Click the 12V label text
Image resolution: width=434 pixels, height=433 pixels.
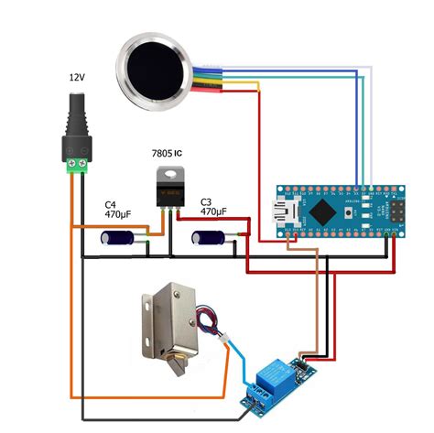pos(77,79)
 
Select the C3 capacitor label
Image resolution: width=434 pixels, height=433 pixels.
pos(205,200)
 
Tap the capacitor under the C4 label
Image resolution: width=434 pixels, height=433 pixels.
pos(121,238)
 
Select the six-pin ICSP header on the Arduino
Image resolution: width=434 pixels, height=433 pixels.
pos(384,211)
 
